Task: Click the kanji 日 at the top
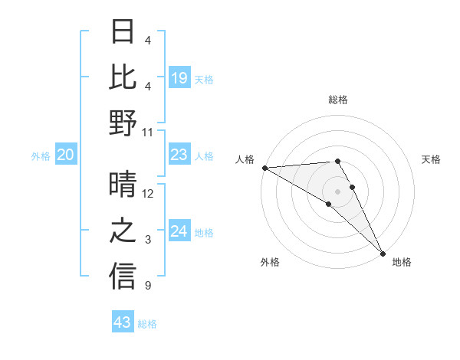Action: (x=123, y=31)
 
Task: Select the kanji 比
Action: (x=123, y=77)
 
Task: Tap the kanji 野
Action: (x=123, y=123)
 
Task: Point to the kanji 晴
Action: (x=123, y=185)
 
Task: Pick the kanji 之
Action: (x=123, y=231)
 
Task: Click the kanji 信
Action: (x=123, y=277)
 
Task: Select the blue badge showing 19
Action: (x=179, y=78)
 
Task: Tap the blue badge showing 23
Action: (x=179, y=155)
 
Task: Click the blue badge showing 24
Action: (x=179, y=231)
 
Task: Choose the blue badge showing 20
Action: (x=65, y=155)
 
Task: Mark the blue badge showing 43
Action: (x=123, y=322)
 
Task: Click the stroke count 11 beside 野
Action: (x=148, y=132)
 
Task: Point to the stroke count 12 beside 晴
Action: (x=148, y=194)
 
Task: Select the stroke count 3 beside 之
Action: (x=148, y=240)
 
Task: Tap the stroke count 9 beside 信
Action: (x=148, y=286)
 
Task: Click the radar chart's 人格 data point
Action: (x=264, y=168)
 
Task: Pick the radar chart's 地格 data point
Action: (x=383, y=253)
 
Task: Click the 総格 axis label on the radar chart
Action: (x=337, y=100)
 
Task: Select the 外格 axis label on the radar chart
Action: (x=270, y=262)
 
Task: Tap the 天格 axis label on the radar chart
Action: (x=431, y=159)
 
